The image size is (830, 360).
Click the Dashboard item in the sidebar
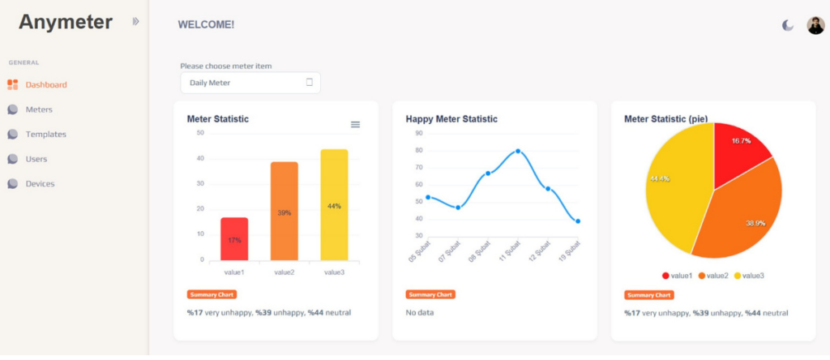click(x=37, y=84)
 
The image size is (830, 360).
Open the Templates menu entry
click(x=37, y=135)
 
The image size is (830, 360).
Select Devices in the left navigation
click(x=32, y=184)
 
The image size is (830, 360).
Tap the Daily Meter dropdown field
click(x=250, y=83)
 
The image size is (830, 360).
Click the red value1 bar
click(x=234, y=238)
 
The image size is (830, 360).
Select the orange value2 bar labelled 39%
click(x=285, y=212)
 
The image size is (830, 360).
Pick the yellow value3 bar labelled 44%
click(x=334, y=205)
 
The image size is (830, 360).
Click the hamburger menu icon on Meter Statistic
click(x=356, y=124)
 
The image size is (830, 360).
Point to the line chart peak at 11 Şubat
click(x=518, y=151)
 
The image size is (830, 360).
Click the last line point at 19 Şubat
click(x=578, y=221)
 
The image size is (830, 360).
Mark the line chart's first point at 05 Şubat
click(x=428, y=198)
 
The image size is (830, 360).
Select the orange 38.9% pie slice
click(x=741, y=214)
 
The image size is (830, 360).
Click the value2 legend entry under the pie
click(x=713, y=276)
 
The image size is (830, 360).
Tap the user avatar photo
click(x=815, y=25)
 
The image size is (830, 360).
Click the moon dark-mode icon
click(x=788, y=25)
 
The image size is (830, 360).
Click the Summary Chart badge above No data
click(x=431, y=295)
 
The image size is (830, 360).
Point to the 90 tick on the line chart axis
click(x=419, y=134)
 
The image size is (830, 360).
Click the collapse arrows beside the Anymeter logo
click(x=136, y=21)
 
